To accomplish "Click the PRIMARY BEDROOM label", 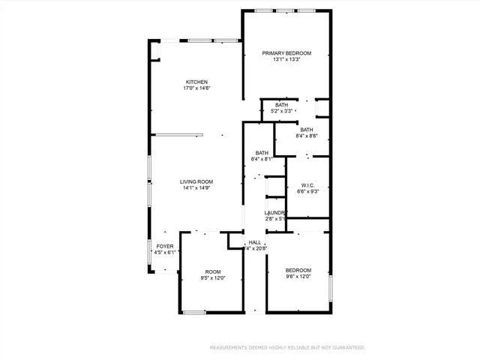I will click(286, 53).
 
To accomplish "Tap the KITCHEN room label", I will click(197, 82).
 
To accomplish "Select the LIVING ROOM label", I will click(197, 181).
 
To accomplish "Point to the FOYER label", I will click(164, 246).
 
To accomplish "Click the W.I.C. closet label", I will click(307, 185).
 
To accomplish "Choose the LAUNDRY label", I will click(275, 213).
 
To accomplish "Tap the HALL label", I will click(255, 242).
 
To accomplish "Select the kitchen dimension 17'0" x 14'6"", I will click(197, 88).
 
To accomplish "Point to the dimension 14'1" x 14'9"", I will click(197, 188).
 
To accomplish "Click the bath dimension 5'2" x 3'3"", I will click(281, 111).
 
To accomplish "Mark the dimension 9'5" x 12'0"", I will click(213, 277).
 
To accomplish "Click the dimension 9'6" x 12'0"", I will click(298, 276).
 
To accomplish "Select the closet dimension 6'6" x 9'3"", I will click(307, 192).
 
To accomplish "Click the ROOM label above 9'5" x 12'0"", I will click(213, 271).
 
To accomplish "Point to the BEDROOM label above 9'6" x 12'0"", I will click(298, 269).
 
